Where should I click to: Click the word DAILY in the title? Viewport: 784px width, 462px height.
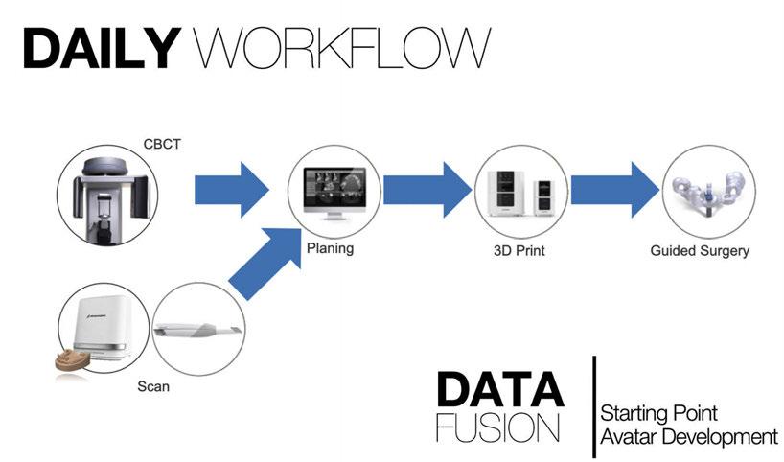(102, 48)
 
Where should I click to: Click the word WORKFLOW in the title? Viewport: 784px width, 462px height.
(342, 48)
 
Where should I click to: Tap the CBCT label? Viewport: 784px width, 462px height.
(162, 144)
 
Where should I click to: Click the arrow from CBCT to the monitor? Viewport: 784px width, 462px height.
(232, 190)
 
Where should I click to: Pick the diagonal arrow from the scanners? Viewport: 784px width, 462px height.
(265, 264)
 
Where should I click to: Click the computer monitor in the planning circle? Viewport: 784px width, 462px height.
(334, 194)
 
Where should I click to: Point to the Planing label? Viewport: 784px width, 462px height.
(330, 248)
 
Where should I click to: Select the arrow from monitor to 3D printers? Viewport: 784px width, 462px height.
(427, 190)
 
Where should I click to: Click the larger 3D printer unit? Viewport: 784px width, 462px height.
(506, 193)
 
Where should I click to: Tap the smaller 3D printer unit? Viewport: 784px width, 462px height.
(544, 198)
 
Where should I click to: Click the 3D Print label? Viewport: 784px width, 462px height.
(519, 250)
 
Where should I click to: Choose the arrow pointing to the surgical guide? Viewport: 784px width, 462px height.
(615, 190)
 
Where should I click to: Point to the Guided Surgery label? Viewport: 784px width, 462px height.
(700, 250)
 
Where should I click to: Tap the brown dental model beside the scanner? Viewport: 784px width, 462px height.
(73, 360)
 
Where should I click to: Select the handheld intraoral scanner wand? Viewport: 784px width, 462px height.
(198, 329)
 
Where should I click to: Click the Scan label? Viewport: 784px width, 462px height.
(153, 386)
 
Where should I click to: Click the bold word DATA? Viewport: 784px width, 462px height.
(500, 390)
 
